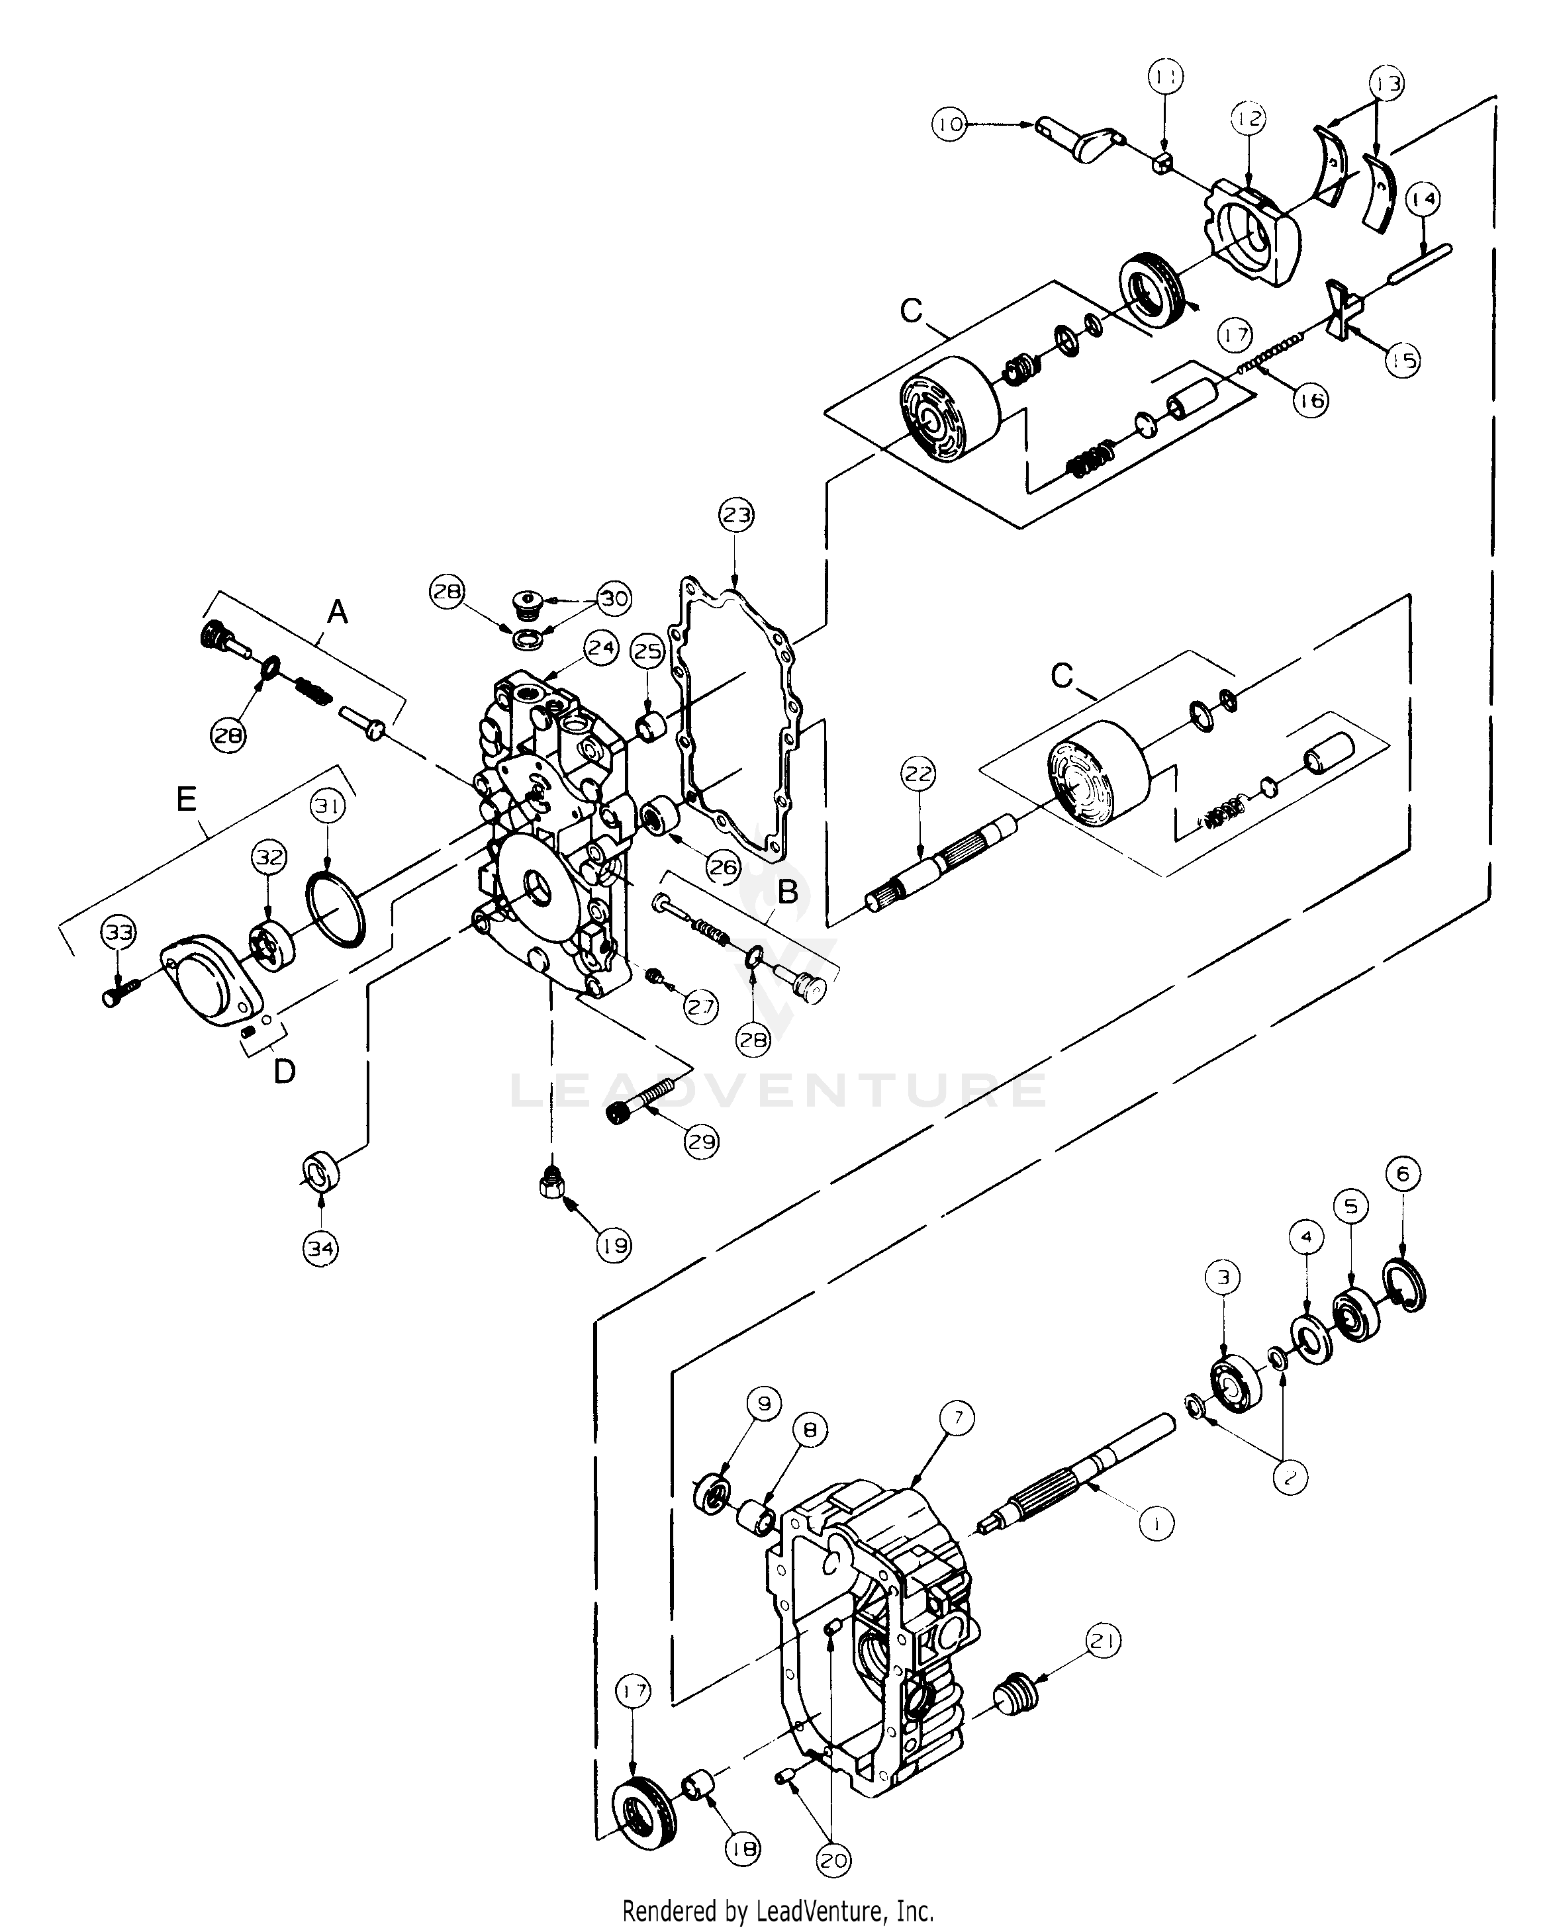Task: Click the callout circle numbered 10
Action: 950,123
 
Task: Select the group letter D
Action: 283,1071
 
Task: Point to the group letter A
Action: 337,612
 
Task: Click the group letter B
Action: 786,892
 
